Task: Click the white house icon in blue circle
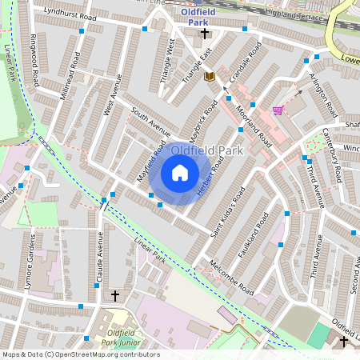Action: coord(180,173)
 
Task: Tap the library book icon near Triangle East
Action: coord(210,76)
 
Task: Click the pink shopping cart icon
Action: coord(278,110)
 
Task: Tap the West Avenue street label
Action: coord(112,94)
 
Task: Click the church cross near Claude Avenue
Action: coord(114,296)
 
